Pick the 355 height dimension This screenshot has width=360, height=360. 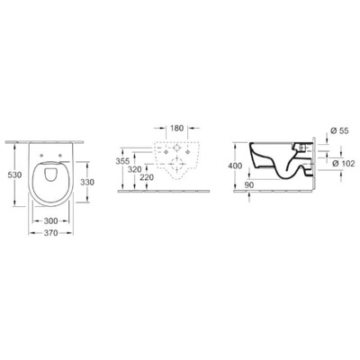[x=124, y=161]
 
